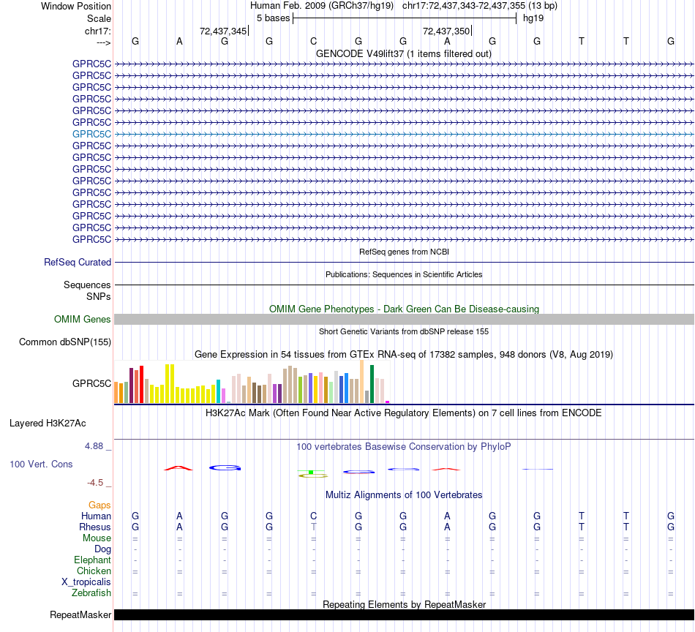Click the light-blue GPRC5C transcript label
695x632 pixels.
[x=91, y=134]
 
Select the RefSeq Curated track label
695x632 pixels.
[x=78, y=262]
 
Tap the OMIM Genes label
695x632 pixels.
[x=83, y=319]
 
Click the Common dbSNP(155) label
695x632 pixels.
[x=65, y=342]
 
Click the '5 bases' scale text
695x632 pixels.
[x=273, y=18]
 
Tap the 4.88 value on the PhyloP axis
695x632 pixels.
[x=98, y=445]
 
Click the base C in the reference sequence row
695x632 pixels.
[x=313, y=41]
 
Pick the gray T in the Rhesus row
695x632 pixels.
[x=314, y=527]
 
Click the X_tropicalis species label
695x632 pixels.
[x=86, y=582]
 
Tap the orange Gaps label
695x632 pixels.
[x=99, y=505]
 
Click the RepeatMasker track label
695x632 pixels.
[x=80, y=614]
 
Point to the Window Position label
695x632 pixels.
[x=76, y=6]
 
